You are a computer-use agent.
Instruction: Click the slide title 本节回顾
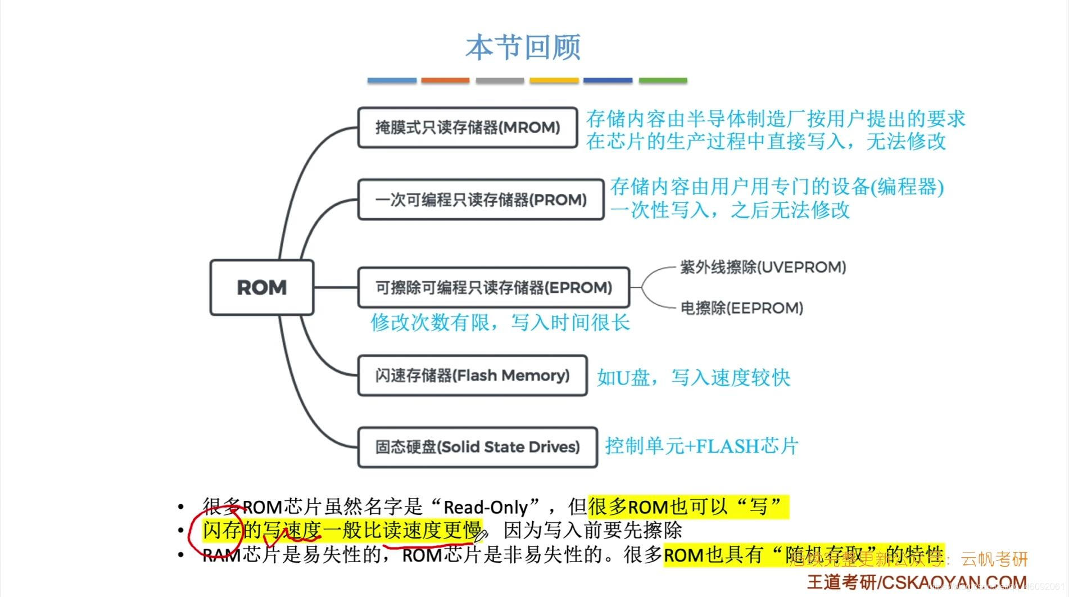coord(523,47)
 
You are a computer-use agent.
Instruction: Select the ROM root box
coord(261,287)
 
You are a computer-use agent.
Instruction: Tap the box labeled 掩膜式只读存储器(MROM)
coord(468,128)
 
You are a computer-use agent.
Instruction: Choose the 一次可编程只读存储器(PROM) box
coord(481,200)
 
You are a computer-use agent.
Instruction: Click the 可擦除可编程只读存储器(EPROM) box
coord(493,287)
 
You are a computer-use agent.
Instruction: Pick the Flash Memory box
coord(472,375)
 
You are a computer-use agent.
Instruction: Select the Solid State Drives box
coord(477,447)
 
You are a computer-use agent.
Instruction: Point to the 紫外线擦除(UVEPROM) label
coord(763,267)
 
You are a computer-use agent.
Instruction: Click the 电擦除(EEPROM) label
coord(741,308)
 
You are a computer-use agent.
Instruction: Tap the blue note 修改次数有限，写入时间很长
coord(500,323)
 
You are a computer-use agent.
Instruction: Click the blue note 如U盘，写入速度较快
coord(693,377)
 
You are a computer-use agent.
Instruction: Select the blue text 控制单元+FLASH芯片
coord(701,446)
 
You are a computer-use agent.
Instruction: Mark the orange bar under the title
coord(445,80)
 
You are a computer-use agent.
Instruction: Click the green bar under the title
coord(663,80)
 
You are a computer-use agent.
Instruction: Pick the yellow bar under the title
coord(554,80)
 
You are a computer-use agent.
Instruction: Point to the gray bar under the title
coord(500,80)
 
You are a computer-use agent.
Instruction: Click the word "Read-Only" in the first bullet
coord(486,508)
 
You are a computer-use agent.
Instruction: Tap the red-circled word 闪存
coord(222,530)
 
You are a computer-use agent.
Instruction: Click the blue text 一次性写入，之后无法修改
coord(730,210)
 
